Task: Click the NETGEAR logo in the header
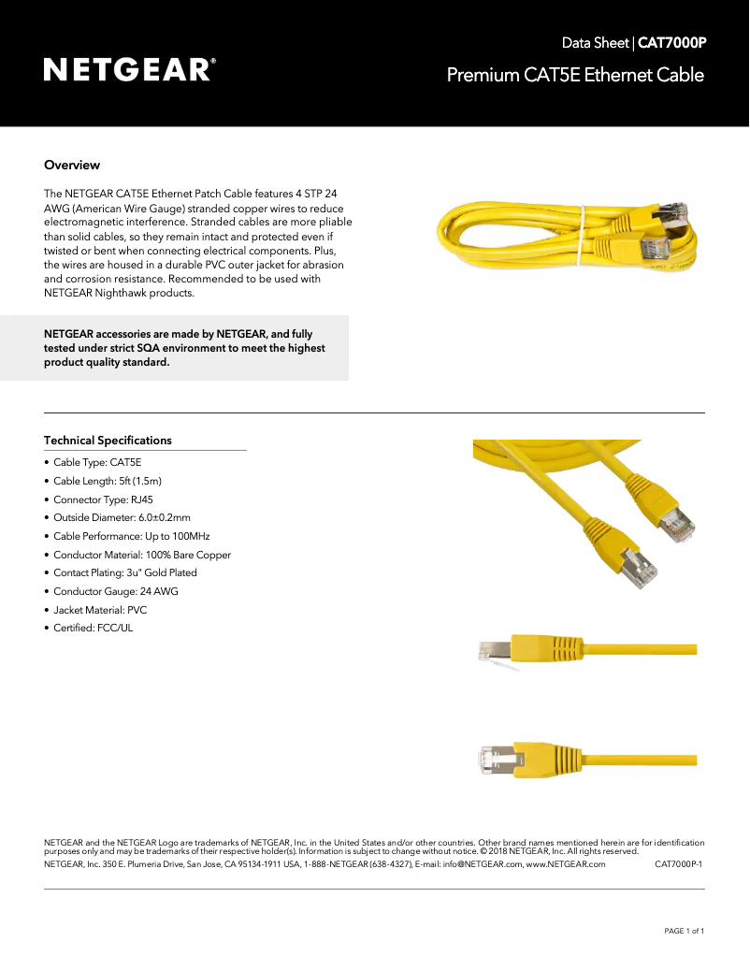click(130, 70)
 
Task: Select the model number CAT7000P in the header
click(671, 43)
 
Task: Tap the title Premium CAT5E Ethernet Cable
click(574, 75)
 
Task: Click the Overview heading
click(72, 166)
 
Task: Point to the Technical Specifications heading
click(108, 441)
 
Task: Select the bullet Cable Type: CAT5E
click(97, 462)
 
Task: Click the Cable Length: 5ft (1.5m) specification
click(108, 481)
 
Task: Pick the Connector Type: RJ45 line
click(103, 499)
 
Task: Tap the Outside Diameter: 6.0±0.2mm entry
click(122, 517)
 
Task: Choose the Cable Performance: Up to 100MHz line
click(131, 536)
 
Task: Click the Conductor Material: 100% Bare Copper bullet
click(141, 555)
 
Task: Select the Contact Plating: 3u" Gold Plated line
click(124, 572)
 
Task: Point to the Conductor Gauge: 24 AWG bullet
click(115, 591)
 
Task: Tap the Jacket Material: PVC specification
click(100, 610)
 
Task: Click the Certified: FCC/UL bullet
click(93, 628)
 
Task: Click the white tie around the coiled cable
click(582, 234)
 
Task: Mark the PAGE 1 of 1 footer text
click(684, 931)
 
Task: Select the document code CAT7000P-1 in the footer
click(678, 864)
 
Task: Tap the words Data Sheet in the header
click(596, 43)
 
